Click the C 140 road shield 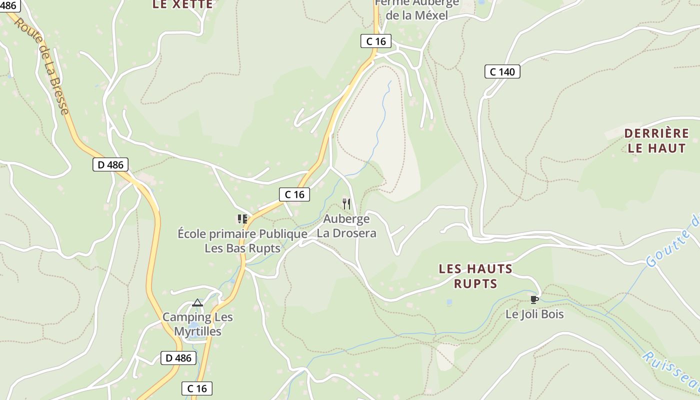point(502,71)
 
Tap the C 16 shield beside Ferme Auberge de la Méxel point(376,41)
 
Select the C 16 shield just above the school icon point(294,194)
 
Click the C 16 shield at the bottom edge point(197,388)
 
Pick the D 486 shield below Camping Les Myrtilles point(178,358)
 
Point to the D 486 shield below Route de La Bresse point(110,164)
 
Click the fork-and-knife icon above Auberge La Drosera point(346,204)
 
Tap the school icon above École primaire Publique point(242,219)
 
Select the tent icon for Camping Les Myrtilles point(197,302)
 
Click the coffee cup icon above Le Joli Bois point(534,299)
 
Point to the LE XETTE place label point(182,5)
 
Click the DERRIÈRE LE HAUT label point(656,141)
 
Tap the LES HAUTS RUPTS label point(475,276)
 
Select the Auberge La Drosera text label point(346,226)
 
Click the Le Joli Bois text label point(534,314)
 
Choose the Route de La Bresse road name point(41,65)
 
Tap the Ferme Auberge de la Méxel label point(416,10)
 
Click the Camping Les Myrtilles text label point(197,324)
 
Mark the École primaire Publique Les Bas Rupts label point(242,241)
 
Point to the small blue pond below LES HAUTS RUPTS point(449,302)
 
